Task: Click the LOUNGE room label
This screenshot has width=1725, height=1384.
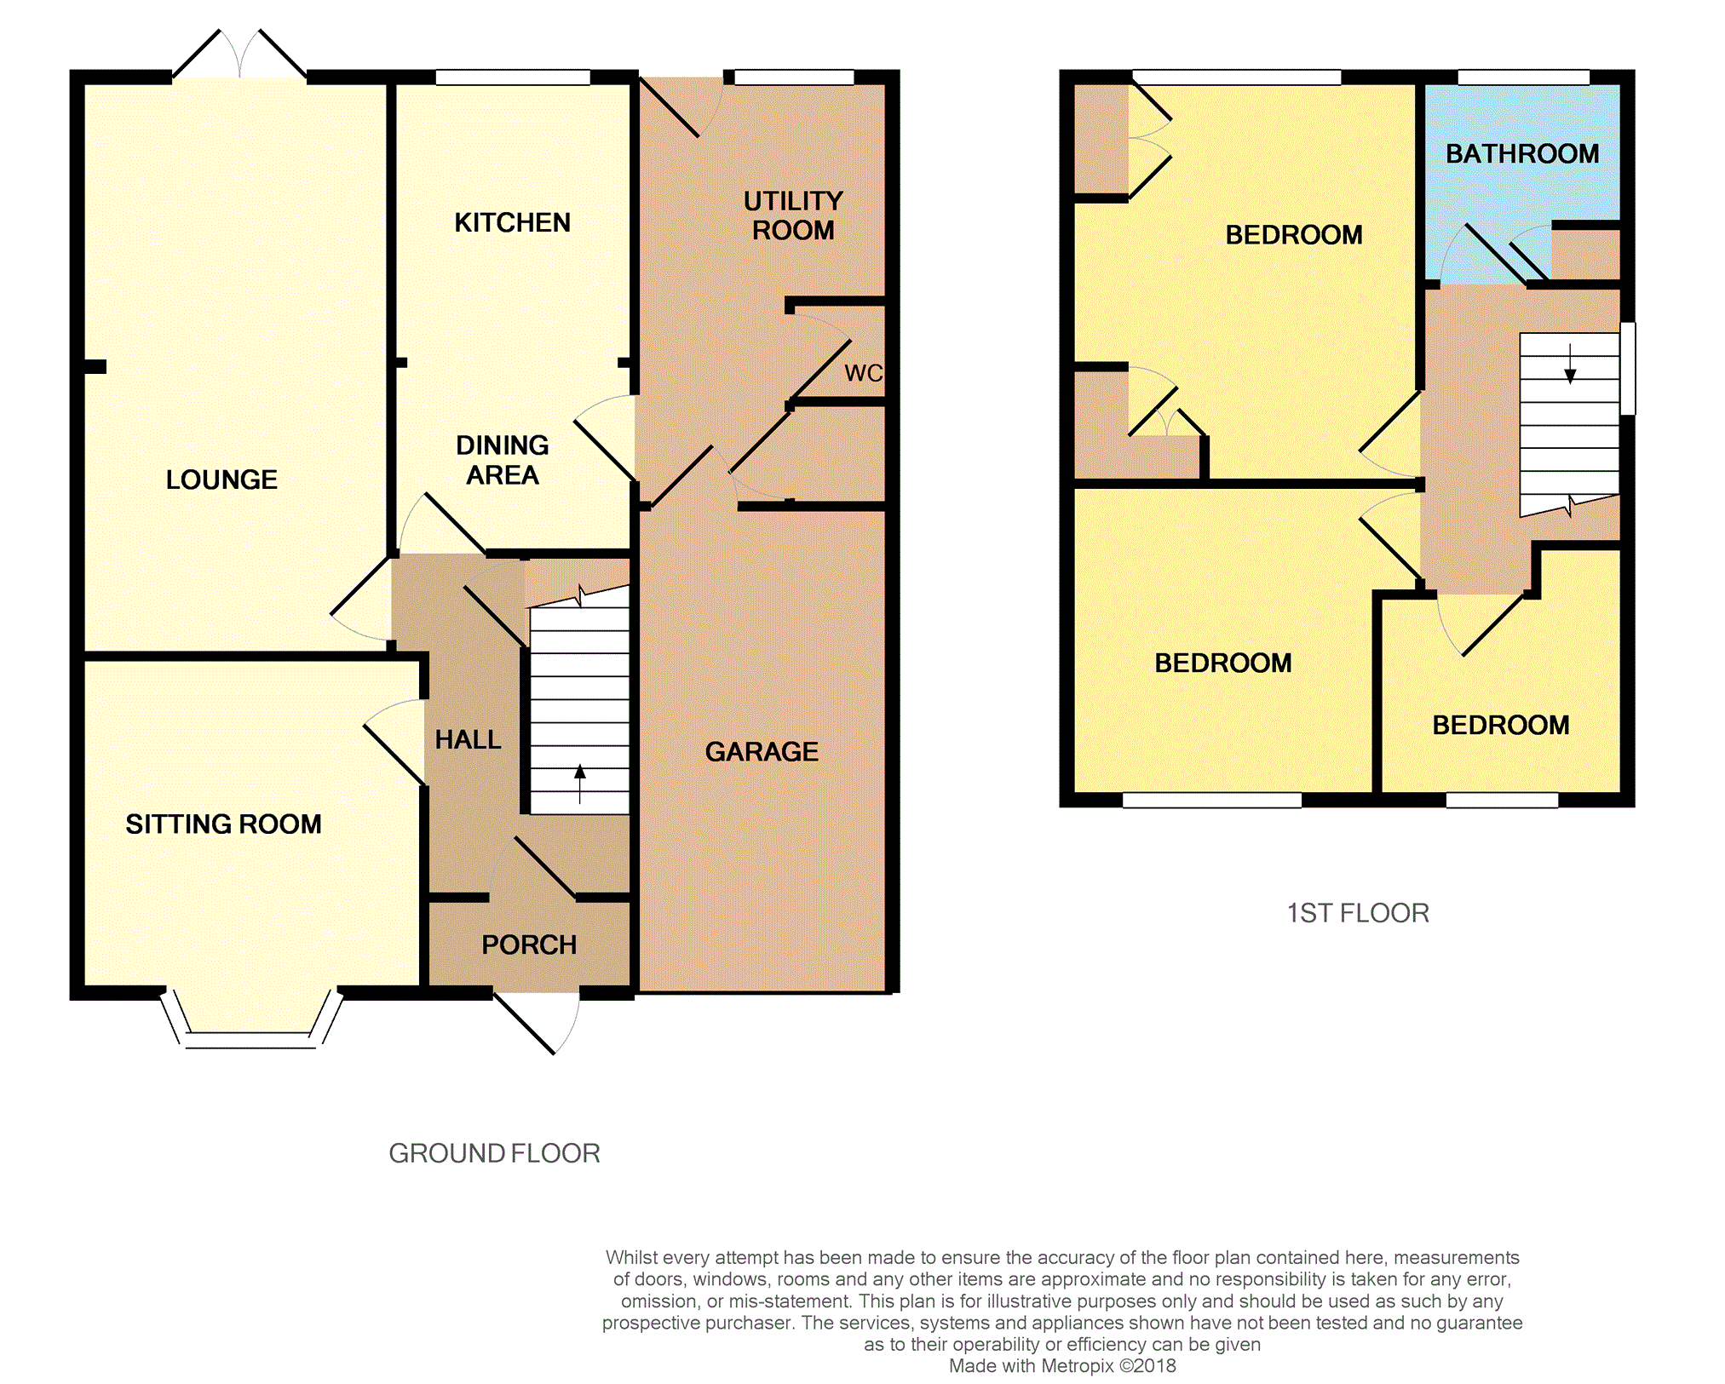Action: pyautogui.click(x=221, y=480)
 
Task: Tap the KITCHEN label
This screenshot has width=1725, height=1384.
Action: pyautogui.click(x=512, y=222)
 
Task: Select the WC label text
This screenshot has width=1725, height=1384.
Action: pyautogui.click(x=863, y=373)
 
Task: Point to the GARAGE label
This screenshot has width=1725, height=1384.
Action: pyautogui.click(x=762, y=751)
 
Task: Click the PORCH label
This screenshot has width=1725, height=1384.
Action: pyautogui.click(x=529, y=945)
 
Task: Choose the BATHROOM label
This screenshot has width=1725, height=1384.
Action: pyautogui.click(x=1522, y=153)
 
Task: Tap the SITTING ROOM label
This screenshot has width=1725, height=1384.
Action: pyautogui.click(x=223, y=824)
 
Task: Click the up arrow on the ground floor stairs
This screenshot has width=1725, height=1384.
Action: pyautogui.click(x=580, y=784)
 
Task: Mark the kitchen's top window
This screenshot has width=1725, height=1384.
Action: pyautogui.click(x=513, y=78)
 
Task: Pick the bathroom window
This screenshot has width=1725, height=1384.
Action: pyautogui.click(x=1523, y=78)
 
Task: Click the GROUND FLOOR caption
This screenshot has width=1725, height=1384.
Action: pyautogui.click(x=494, y=1153)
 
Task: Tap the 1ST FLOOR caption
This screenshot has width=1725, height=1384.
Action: pyautogui.click(x=1358, y=913)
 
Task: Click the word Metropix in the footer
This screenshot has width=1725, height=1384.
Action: pyautogui.click(x=1078, y=1366)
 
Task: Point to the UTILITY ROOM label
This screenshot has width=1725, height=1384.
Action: pyautogui.click(x=793, y=215)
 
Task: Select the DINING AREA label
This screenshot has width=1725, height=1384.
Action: pyautogui.click(x=503, y=460)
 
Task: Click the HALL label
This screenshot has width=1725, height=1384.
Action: pyautogui.click(x=468, y=739)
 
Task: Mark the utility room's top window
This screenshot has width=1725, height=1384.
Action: pyautogui.click(x=794, y=78)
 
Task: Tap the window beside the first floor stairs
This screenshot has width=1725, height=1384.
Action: pyautogui.click(x=1627, y=368)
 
